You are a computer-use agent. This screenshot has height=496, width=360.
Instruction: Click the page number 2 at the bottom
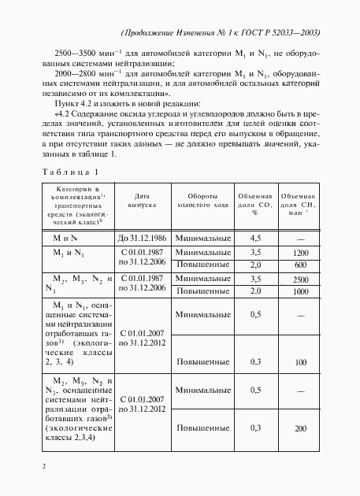(x=44, y=467)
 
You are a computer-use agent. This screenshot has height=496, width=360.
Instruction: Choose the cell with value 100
(x=300, y=361)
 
